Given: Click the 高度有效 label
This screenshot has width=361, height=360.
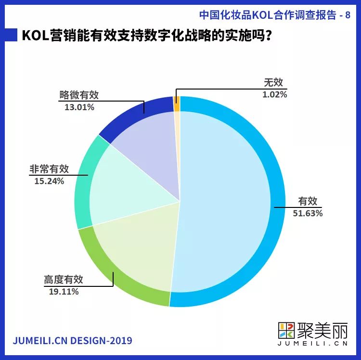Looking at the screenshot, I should (64, 280).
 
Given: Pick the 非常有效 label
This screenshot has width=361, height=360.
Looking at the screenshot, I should (49, 169).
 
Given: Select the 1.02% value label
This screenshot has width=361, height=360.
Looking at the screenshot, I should (275, 94).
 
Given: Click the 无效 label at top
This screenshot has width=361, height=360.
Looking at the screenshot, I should (275, 83).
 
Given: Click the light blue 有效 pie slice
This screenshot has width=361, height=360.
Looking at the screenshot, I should (226, 202).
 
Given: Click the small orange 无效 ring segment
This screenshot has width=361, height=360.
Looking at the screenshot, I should (177, 100).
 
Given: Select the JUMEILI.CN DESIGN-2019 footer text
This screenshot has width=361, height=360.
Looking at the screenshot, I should (72, 341).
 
